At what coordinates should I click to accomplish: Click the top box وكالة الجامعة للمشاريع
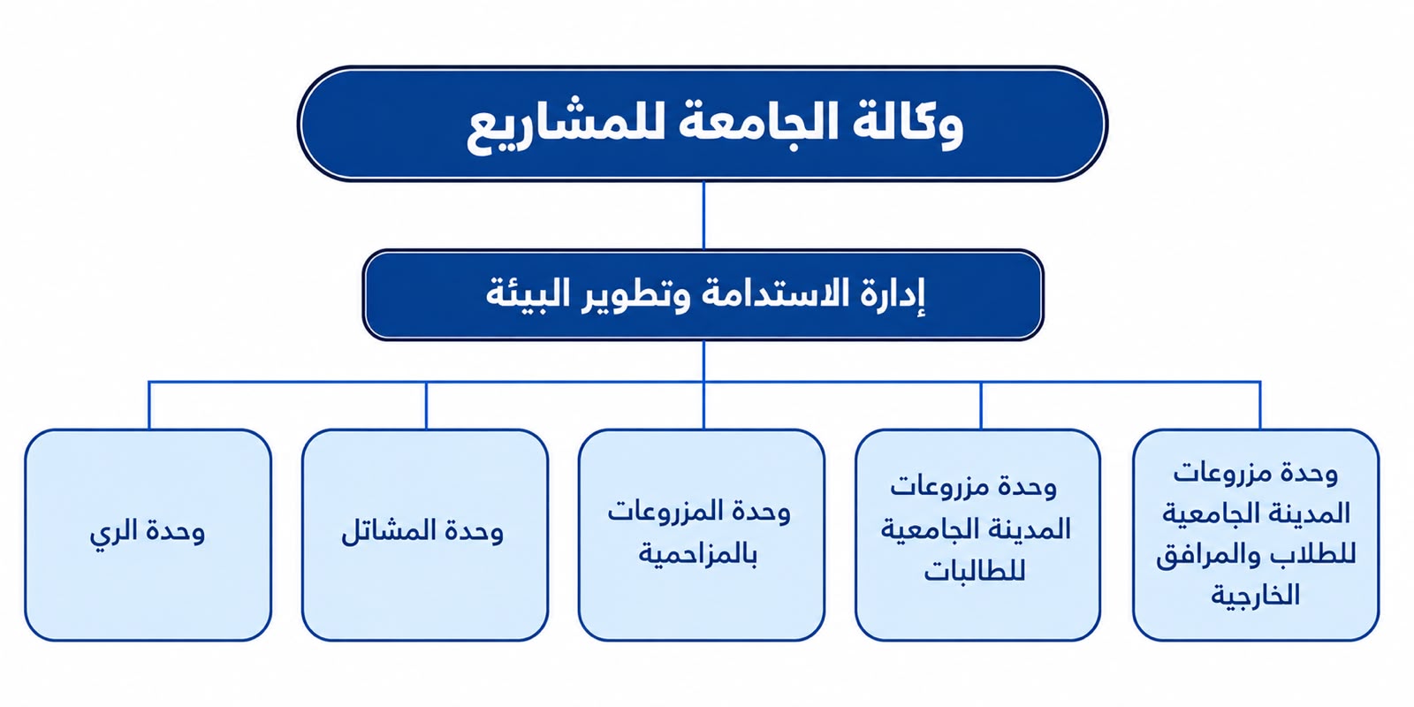point(703,124)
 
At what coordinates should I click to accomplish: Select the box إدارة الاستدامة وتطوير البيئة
point(703,295)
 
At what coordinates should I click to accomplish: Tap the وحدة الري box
point(148,536)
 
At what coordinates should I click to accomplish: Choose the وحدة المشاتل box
point(425,536)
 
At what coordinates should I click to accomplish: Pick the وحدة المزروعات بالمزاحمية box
point(702,536)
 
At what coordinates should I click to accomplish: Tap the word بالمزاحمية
point(698,554)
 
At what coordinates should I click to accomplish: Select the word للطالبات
point(975,571)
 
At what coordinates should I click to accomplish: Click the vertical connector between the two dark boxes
point(703,216)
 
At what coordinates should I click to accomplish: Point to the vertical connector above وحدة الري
point(149,406)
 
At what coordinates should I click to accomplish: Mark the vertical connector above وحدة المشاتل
point(426,406)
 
